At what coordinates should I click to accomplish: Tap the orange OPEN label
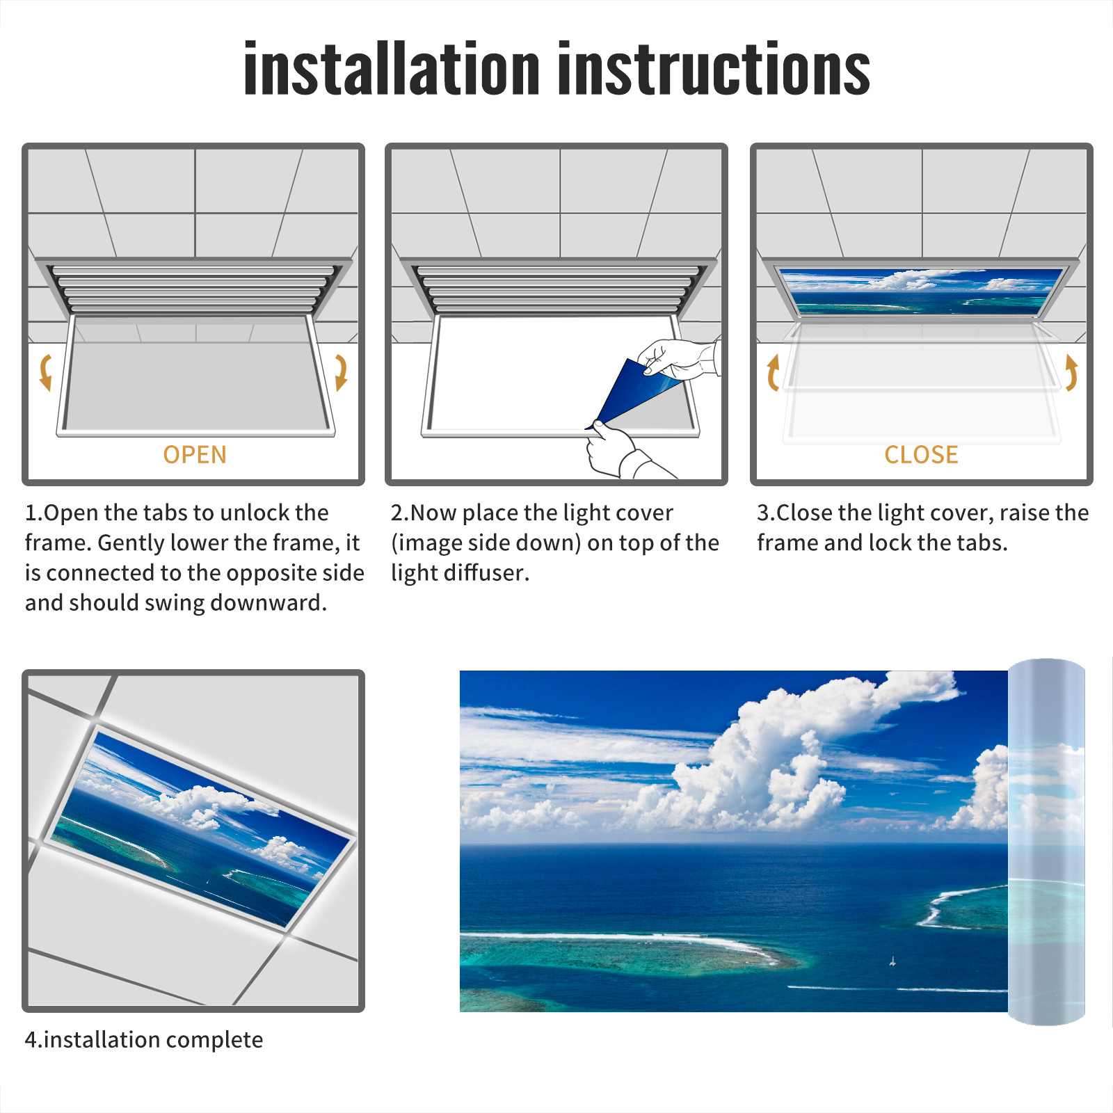click(195, 454)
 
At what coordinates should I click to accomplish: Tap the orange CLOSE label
click(921, 454)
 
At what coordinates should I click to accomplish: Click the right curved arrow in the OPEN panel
click(341, 372)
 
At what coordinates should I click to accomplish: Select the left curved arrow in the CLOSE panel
click(773, 372)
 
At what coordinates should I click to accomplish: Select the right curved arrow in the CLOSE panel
click(1071, 372)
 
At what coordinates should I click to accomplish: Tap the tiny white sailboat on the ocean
click(892, 961)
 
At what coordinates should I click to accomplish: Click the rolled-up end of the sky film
click(1046, 842)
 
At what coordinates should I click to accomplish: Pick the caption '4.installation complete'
click(144, 1039)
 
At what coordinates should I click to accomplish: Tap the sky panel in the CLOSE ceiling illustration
click(921, 291)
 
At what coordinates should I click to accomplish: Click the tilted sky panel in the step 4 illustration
click(202, 828)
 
